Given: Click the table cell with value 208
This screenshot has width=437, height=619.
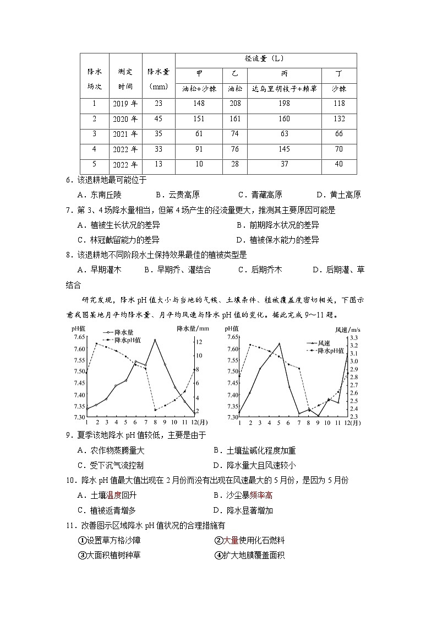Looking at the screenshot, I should (234, 104).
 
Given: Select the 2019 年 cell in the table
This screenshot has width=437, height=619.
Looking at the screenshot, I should (125, 104).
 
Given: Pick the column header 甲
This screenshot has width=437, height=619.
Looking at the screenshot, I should (199, 74).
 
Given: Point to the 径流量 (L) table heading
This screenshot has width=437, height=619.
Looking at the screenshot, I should (265, 59).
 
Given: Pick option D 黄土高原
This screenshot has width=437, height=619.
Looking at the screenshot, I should (338, 195).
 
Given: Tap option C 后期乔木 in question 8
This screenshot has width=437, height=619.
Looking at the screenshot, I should (260, 270).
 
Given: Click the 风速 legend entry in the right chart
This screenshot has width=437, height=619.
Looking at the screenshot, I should (321, 343).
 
